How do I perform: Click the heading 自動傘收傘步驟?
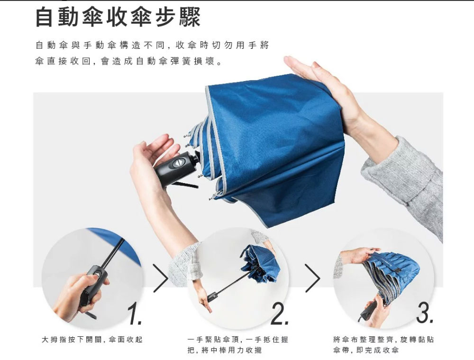[x=118, y=18]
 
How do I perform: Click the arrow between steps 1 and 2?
[x=161, y=278]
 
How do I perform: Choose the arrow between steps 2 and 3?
[x=312, y=278]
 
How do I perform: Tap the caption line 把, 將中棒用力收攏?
[x=224, y=351]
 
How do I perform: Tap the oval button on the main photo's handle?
[x=178, y=163]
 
